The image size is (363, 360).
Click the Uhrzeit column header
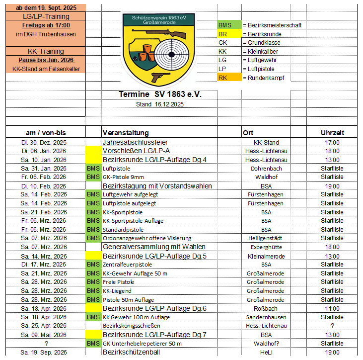[x=332, y=133]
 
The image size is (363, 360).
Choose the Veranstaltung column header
[x=126, y=133]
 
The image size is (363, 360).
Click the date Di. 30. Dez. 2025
[x=46, y=142]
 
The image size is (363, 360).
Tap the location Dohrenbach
[x=266, y=169]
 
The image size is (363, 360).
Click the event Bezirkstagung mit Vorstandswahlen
[x=157, y=186]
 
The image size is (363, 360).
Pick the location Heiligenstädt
[x=266, y=238]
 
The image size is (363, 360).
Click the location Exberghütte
[x=266, y=247]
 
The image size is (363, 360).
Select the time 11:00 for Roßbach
[x=332, y=308]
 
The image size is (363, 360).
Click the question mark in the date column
[x=46, y=343]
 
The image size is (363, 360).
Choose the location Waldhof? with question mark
[x=266, y=343]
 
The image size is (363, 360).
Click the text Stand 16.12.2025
[x=160, y=104]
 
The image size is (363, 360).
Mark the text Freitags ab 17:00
[x=46, y=25]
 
